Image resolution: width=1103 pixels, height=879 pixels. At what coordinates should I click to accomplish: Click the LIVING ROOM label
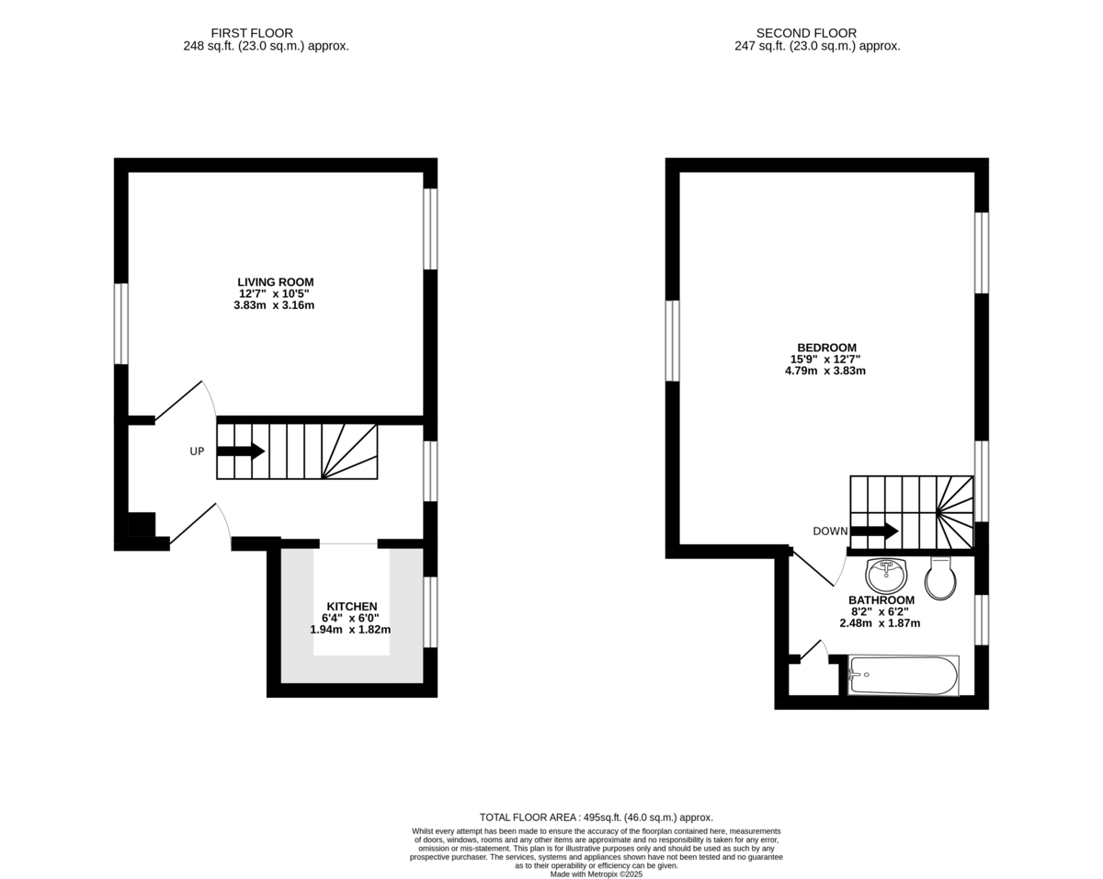pyautogui.click(x=275, y=282)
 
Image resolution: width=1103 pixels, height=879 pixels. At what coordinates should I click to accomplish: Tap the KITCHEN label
pyautogui.click(x=352, y=606)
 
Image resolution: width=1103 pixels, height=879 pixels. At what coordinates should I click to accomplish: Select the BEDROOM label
pyautogui.click(x=826, y=348)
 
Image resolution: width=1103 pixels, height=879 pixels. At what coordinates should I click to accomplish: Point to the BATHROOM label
pyautogui.click(x=881, y=600)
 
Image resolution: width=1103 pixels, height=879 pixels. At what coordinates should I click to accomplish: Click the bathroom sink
pyautogui.click(x=886, y=575)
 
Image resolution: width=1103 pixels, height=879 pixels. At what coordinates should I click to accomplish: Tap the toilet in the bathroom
pyautogui.click(x=940, y=578)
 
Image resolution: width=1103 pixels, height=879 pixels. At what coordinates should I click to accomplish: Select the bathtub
pyautogui.click(x=904, y=675)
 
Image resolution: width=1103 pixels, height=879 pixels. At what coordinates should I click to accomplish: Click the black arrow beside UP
pyautogui.click(x=241, y=451)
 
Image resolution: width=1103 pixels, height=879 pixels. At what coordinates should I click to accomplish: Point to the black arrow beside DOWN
pyautogui.click(x=874, y=531)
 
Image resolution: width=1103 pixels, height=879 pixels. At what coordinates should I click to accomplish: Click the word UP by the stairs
pyautogui.click(x=197, y=451)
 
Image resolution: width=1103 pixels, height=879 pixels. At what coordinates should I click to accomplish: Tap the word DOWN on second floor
pyautogui.click(x=830, y=531)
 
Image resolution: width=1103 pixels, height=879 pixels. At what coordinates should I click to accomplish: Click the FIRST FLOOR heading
pyautogui.click(x=252, y=33)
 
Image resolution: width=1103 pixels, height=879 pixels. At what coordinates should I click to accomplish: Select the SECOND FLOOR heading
pyautogui.click(x=806, y=33)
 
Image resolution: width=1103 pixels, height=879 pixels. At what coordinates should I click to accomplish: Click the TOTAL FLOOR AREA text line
pyautogui.click(x=597, y=817)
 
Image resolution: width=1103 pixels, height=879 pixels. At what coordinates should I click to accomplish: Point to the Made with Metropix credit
pyautogui.click(x=597, y=874)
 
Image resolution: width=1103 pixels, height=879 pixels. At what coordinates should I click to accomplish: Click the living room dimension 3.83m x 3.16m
pyautogui.click(x=274, y=305)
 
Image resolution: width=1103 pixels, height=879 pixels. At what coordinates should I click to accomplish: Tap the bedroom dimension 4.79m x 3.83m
pyautogui.click(x=825, y=371)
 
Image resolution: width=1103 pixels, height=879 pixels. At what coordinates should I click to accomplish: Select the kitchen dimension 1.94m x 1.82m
pyautogui.click(x=350, y=630)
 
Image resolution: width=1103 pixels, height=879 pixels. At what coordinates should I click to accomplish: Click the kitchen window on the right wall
pyautogui.click(x=430, y=611)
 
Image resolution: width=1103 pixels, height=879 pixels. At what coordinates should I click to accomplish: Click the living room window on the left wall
pyautogui.click(x=121, y=324)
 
